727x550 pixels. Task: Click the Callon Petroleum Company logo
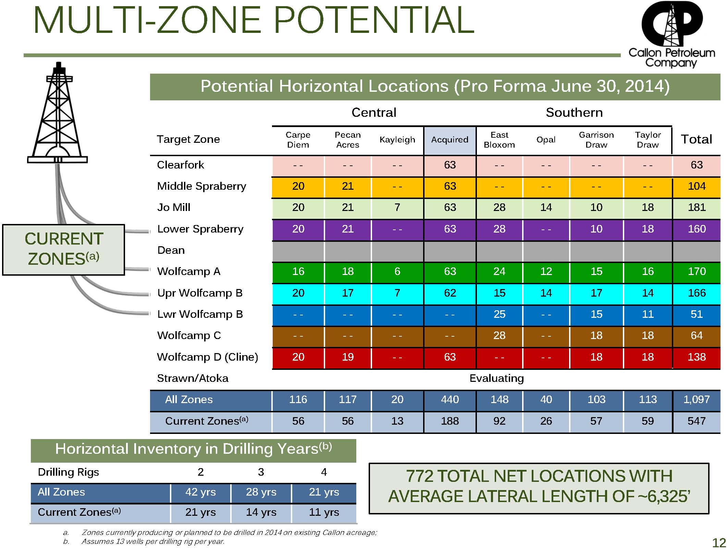point(671,34)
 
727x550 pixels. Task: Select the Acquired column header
point(449,140)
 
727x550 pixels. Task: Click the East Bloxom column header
point(499,140)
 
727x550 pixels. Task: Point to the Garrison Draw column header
point(596,140)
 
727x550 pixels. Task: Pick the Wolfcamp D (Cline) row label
point(207,357)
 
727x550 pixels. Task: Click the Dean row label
point(171,250)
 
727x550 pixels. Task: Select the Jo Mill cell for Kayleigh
point(397,208)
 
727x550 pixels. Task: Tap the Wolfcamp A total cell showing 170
point(697,272)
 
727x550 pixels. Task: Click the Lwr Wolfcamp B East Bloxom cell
point(499,314)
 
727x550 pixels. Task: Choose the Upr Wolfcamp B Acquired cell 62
point(449,293)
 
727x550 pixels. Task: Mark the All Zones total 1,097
point(697,400)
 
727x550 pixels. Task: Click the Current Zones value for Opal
point(546,421)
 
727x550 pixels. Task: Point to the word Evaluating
point(496,378)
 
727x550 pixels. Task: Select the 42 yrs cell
point(200,492)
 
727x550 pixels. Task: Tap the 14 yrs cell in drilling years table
point(261,512)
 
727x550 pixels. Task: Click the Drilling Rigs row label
point(68,472)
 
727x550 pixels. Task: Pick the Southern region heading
point(574,113)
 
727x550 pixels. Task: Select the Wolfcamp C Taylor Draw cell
point(648,336)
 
